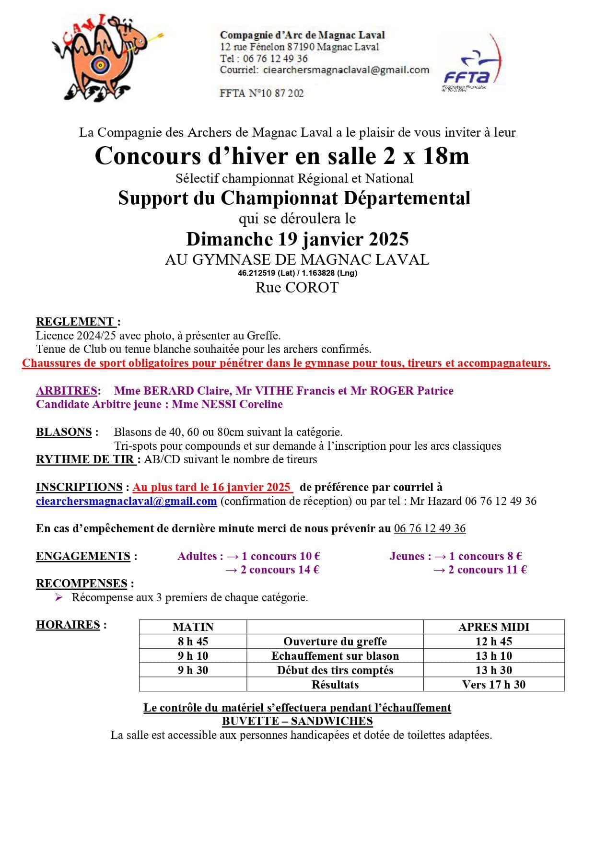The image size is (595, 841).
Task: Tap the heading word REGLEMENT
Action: coord(75,322)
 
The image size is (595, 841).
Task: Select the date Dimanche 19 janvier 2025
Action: coord(297,239)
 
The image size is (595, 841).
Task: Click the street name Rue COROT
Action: coord(297,288)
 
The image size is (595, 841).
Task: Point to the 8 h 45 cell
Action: coord(193,642)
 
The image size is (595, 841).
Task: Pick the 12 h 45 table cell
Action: coord(494,642)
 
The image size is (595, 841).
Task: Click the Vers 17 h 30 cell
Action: coord(494,684)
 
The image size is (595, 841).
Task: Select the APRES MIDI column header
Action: coord(494,627)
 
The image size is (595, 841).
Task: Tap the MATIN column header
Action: coord(193,627)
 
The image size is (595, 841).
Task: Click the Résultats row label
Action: coord(335,684)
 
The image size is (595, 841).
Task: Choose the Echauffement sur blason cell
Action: coord(335,656)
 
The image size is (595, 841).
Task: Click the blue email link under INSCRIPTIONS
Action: coord(126,502)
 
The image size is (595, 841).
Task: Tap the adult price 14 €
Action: coord(310,570)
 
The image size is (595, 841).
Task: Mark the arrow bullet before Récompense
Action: coord(59,597)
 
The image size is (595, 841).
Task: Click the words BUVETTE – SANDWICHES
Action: coord(297,721)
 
